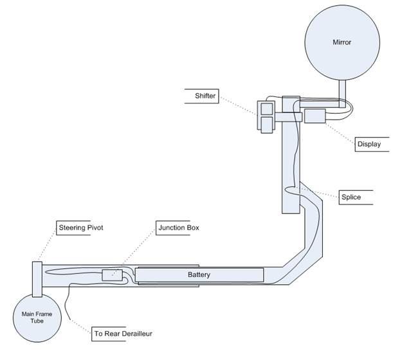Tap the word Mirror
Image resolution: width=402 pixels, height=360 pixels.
342,42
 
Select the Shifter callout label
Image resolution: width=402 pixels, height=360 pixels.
205,96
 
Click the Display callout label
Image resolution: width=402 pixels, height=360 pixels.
369,144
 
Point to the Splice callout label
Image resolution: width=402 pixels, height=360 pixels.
351,197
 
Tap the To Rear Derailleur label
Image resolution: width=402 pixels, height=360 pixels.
123,334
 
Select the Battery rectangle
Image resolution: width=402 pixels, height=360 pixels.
199,275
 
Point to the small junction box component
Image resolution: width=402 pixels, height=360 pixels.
110,275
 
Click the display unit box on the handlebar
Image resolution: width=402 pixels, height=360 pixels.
315,116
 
